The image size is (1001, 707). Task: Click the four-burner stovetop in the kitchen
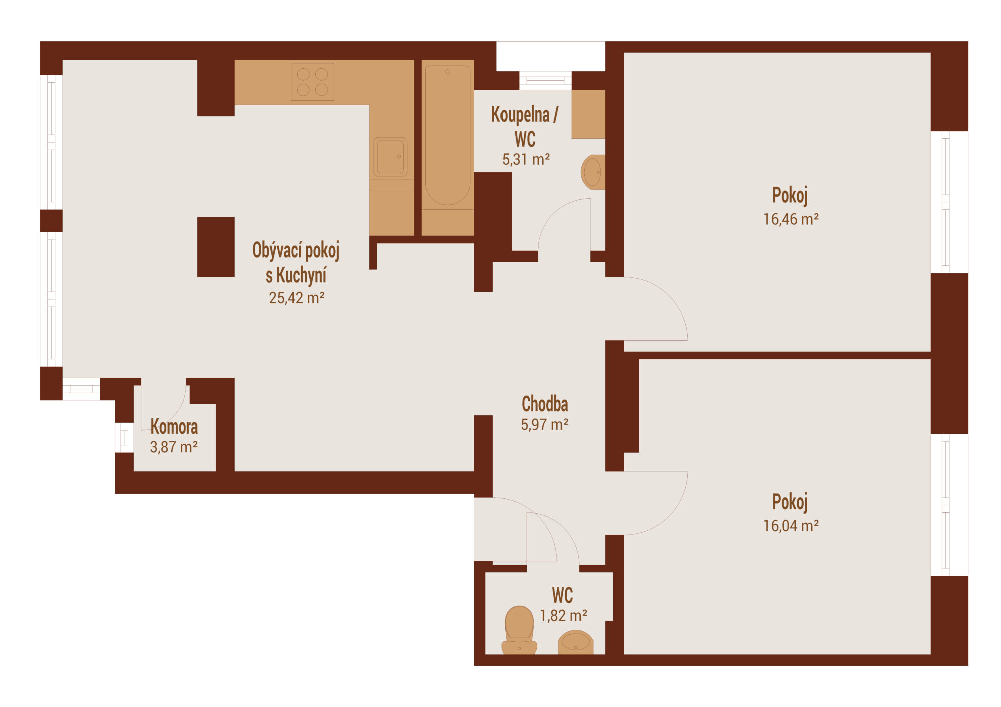click(x=312, y=82)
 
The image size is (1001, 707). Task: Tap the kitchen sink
click(x=390, y=157)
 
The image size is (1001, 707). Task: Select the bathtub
click(x=448, y=135)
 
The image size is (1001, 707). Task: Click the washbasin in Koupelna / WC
click(x=593, y=172)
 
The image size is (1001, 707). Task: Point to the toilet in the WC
click(x=519, y=630)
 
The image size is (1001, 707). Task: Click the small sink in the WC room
click(x=576, y=642)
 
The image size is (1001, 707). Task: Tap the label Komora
click(x=174, y=427)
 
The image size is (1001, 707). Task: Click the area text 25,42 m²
click(x=297, y=298)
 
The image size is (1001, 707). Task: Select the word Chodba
click(x=545, y=404)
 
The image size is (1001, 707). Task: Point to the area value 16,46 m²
click(x=791, y=219)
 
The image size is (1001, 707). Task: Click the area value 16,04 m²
click(x=791, y=526)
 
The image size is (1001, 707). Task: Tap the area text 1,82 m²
click(x=563, y=615)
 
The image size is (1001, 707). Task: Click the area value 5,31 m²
click(x=526, y=159)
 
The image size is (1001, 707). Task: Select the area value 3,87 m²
click(x=174, y=447)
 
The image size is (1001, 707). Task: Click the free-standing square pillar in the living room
click(x=216, y=247)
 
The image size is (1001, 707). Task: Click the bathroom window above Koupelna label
click(x=545, y=80)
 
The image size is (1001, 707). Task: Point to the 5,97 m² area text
click(x=545, y=425)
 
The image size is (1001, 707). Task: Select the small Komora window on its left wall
click(x=124, y=438)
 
